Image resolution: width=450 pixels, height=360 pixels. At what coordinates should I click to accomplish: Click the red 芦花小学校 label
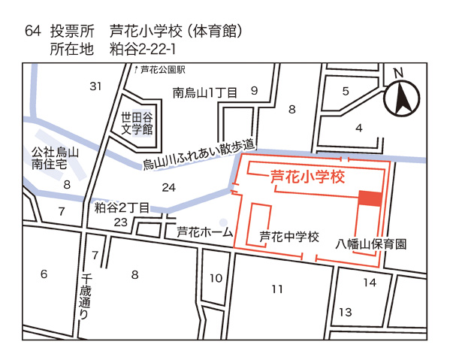306,178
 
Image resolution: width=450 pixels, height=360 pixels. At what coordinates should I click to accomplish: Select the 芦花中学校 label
289,237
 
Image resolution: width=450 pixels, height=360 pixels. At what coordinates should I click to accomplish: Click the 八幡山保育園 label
371,244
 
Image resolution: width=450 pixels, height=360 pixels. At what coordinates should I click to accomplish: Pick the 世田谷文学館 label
137,123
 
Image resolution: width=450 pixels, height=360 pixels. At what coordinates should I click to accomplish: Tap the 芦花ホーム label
205,232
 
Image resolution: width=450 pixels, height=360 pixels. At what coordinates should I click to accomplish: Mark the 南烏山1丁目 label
204,93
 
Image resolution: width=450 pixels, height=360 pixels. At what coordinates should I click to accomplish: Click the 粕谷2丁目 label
122,207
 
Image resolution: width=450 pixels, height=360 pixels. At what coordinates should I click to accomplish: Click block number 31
95,86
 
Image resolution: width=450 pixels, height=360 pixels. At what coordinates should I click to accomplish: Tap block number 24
169,186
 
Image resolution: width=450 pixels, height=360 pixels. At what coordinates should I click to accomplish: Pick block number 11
277,289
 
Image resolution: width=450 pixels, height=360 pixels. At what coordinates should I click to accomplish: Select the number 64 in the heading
32,32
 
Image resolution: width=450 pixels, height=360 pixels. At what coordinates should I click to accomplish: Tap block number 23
120,222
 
